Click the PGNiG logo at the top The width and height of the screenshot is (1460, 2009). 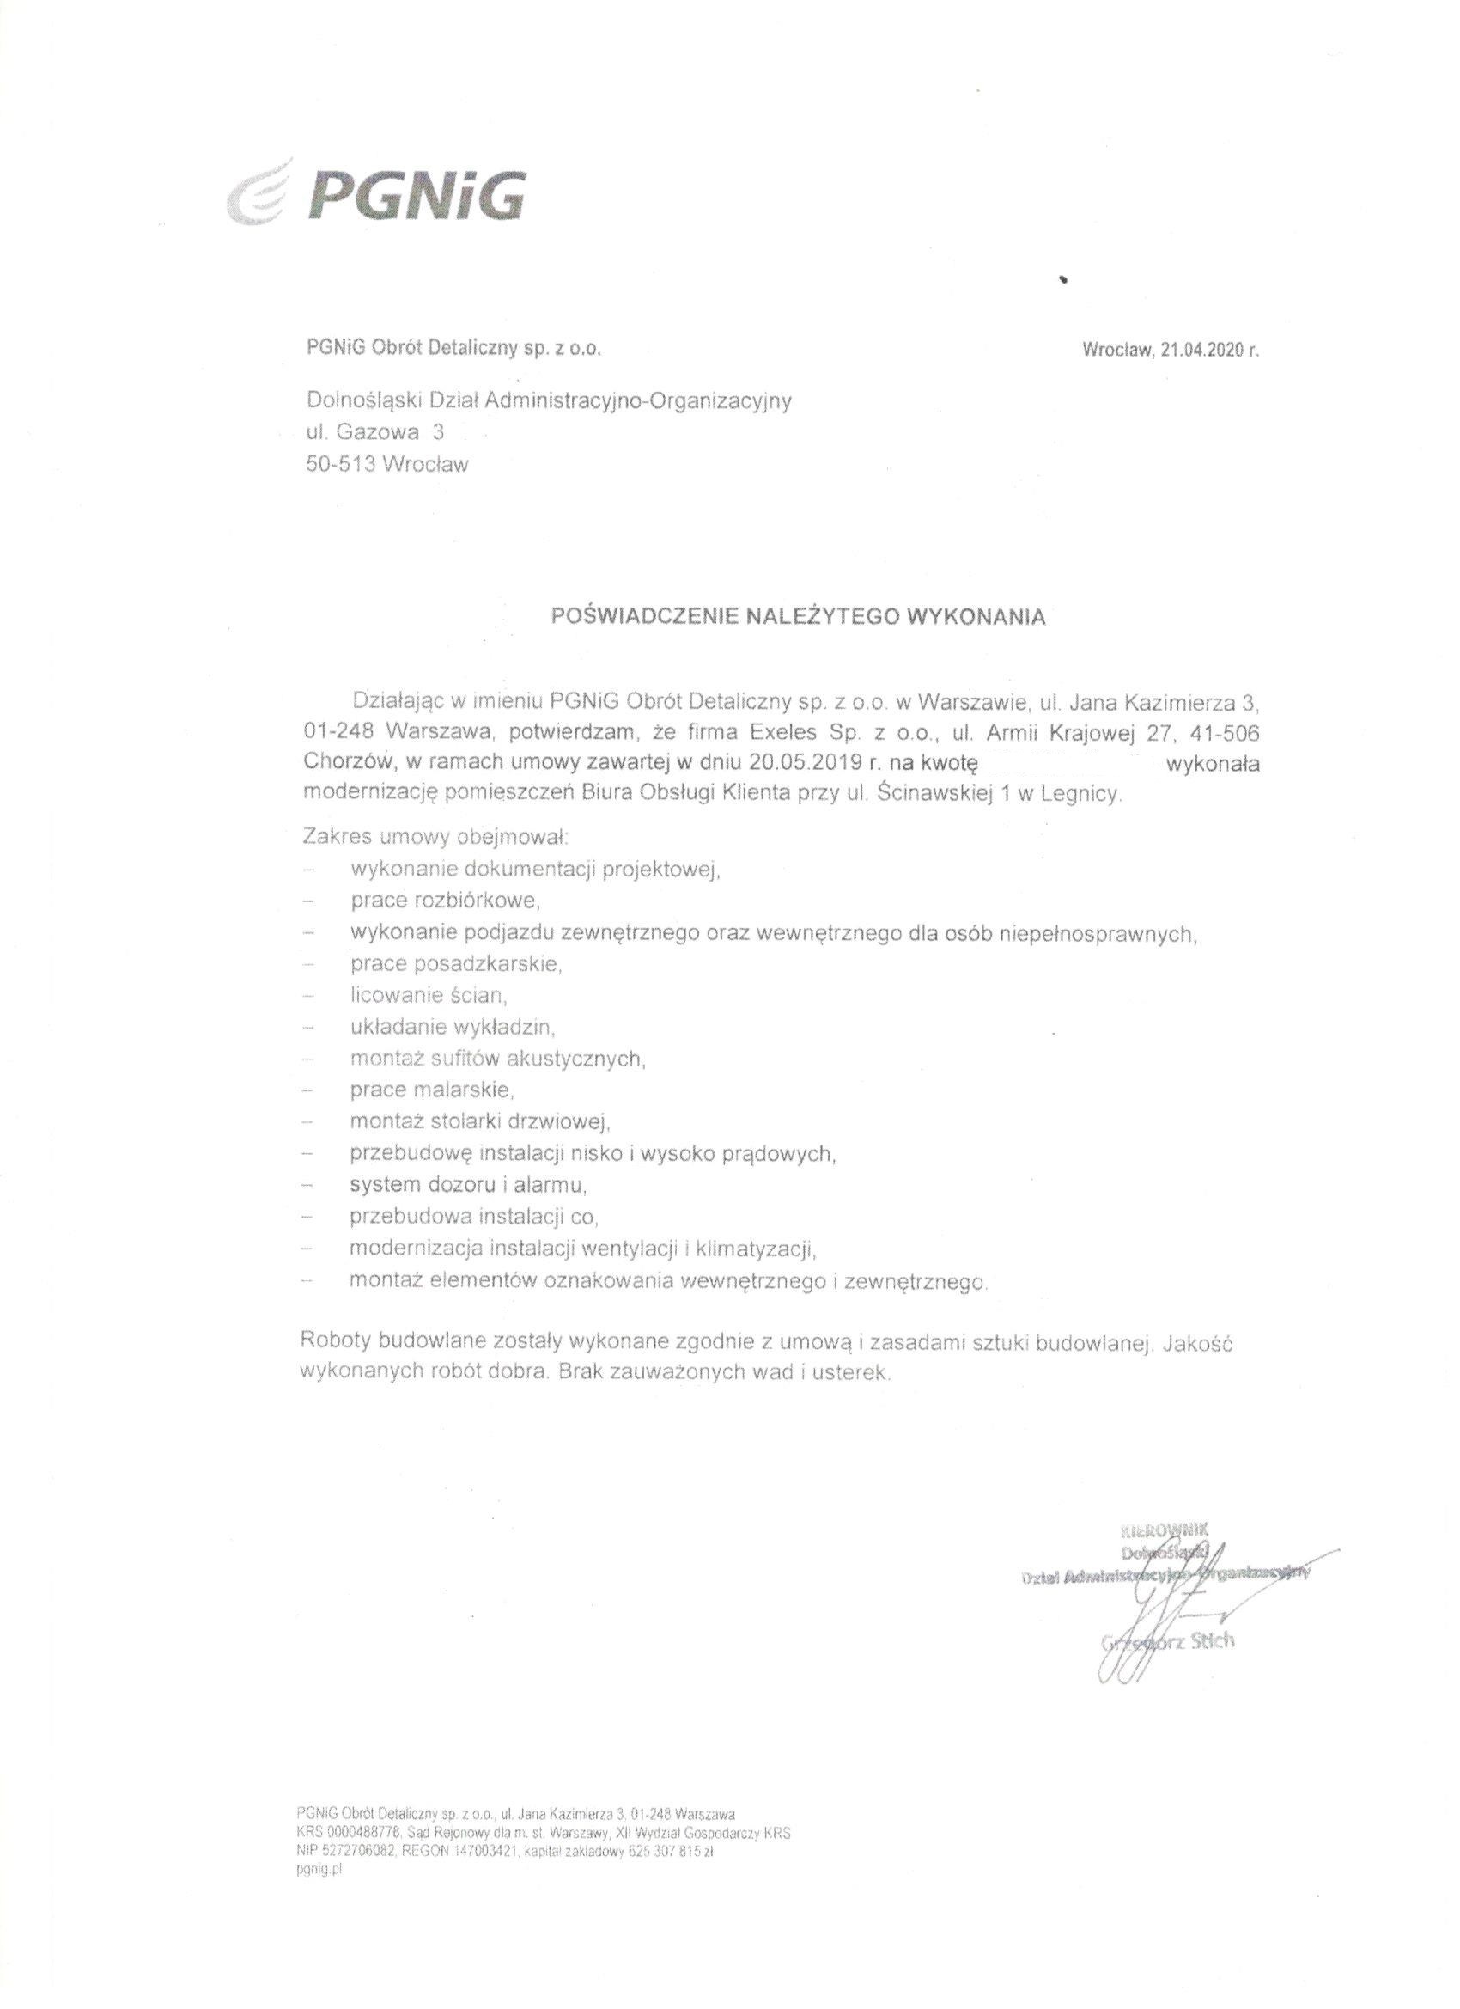click(x=376, y=193)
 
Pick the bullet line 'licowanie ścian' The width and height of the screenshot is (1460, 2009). click(x=428, y=996)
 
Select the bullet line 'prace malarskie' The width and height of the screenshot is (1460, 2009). click(x=431, y=1090)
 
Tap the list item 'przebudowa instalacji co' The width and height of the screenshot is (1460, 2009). click(x=475, y=1216)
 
